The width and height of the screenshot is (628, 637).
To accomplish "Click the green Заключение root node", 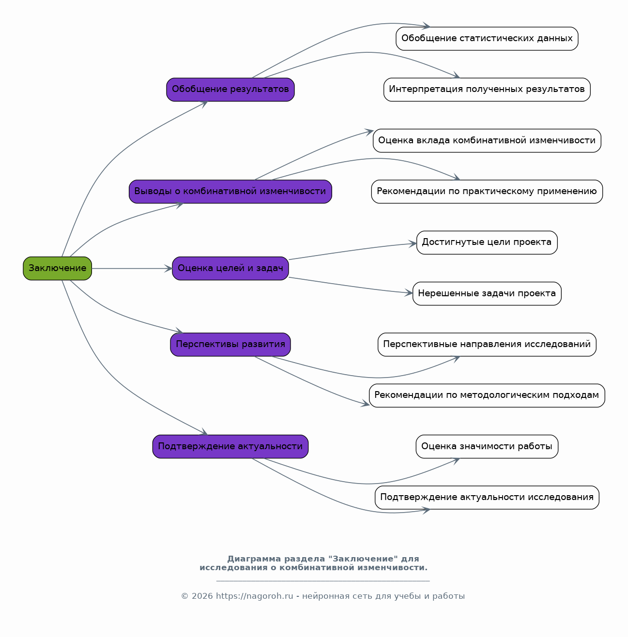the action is pyautogui.click(x=57, y=269).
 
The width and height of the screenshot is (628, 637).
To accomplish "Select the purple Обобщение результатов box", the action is pyautogui.click(x=230, y=90).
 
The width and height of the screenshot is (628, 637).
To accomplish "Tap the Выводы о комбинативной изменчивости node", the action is pyautogui.click(x=230, y=192).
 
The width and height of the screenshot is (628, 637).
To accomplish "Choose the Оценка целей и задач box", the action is pyautogui.click(x=230, y=269).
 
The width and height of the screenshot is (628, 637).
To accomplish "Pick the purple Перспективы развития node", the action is pyautogui.click(x=230, y=345).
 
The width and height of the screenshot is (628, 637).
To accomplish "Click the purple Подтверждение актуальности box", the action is pyautogui.click(x=230, y=447).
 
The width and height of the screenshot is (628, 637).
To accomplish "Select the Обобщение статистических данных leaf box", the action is pyautogui.click(x=487, y=39).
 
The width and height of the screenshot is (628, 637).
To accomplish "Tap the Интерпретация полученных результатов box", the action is pyautogui.click(x=487, y=90).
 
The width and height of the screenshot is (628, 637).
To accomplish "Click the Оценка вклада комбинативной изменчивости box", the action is pyautogui.click(x=487, y=141).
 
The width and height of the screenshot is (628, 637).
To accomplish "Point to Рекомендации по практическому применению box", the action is pyautogui.click(x=487, y=192).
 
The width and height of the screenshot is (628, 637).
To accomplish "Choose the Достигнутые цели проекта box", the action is pyautogui.click(x=487, y=243).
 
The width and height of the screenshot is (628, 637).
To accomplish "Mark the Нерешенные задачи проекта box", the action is pyautogui.click(x=487, y=293).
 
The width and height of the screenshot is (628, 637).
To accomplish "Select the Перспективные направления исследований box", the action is pyautogui.click(x=487, y=345).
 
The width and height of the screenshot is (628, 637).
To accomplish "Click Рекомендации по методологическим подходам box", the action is pyautogui.click(x=487, y=395).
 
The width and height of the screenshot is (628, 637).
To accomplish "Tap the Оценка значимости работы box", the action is pyautogui.click(x=487, y=447).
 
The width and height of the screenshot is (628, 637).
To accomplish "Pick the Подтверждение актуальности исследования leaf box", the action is pyautogui.click(x=487, y=498).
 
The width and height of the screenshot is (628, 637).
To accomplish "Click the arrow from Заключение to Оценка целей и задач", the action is pyautogui.click(x=132, y=269).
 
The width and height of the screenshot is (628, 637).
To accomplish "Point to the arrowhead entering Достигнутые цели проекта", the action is pyautogui.click(x=413, y=244).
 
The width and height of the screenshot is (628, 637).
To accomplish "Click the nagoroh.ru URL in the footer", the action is pyautogui.click(x=254, y=596).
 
